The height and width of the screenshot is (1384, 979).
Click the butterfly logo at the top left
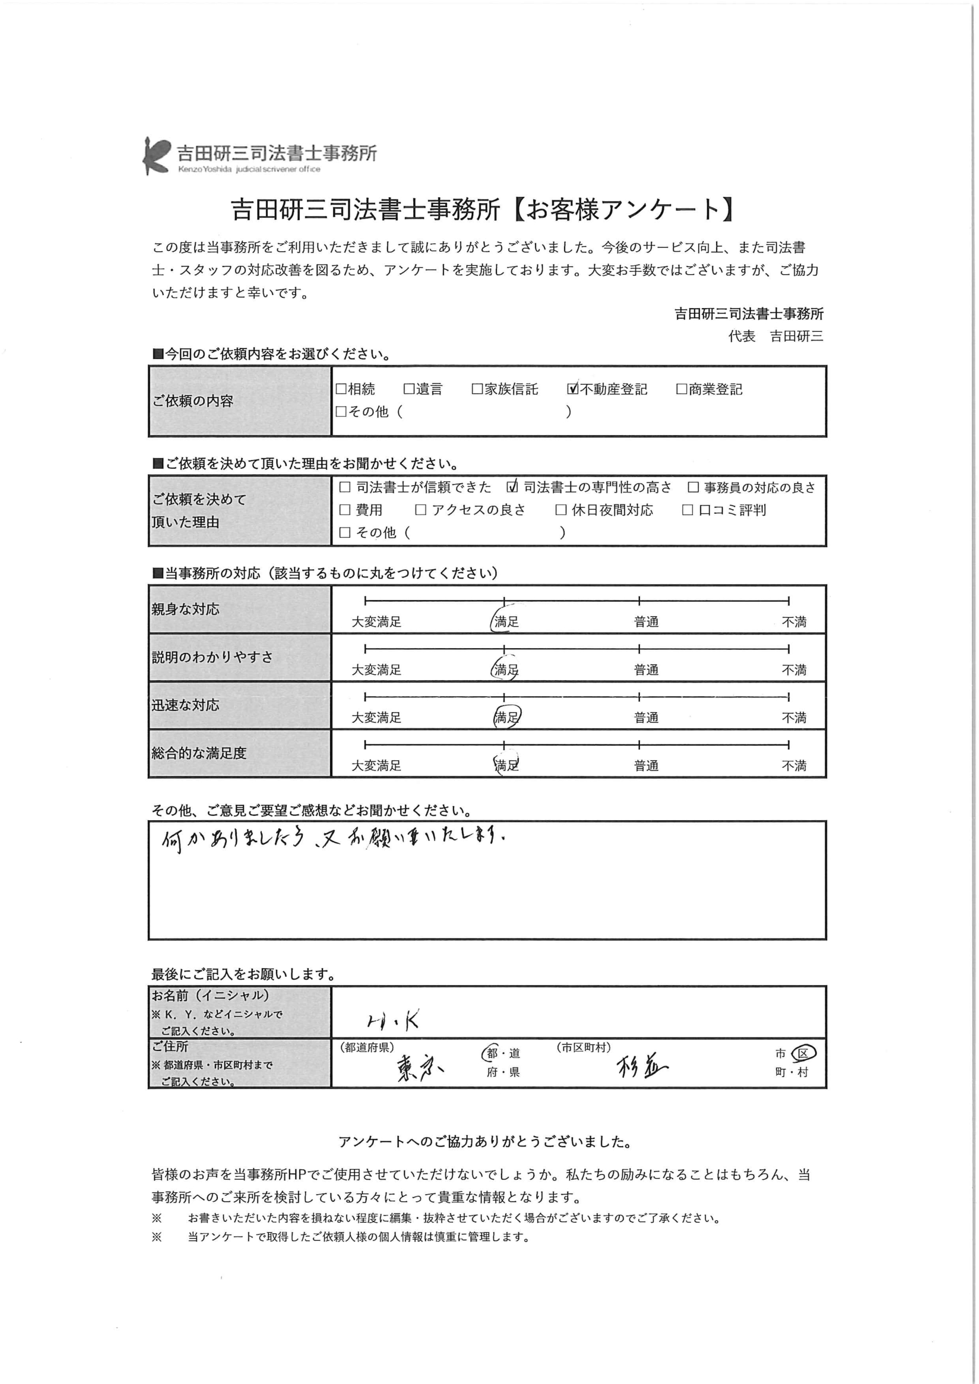pyautogui.click(x=156, y=156)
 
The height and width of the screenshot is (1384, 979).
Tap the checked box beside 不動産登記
pyautogui.click(x=572, y=389)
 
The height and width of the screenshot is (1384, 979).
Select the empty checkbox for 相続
pyautogui.click(x=341, y=389)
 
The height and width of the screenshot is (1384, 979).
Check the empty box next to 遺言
pyautogui.click(x=409, y=389)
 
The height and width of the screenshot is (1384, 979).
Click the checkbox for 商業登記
pyautogui.click(x=682, y=389)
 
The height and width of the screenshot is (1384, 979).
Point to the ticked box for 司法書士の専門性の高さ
pyautogui.click(x=513, y=487)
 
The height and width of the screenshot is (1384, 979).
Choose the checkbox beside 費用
pyautogui.click(x=345, y=510)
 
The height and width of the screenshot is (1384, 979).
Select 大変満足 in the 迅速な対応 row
pyautogui.click(x=376, y=717)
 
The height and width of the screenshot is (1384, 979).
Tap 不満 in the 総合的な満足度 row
pyautogui.click(x=794, y=766)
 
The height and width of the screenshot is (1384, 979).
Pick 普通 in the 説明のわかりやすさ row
pyautogui.click(x=646, y=670)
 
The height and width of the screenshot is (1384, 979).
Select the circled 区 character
pyautogui.click(x=803, y=1053)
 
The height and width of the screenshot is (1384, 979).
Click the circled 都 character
pyautogui.click(x=492, y=1053)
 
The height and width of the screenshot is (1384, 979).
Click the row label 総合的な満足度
pyautogui.click(x=199, y=753)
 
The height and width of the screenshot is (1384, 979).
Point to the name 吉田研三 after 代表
pyautogui.click(x=796, y=336)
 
